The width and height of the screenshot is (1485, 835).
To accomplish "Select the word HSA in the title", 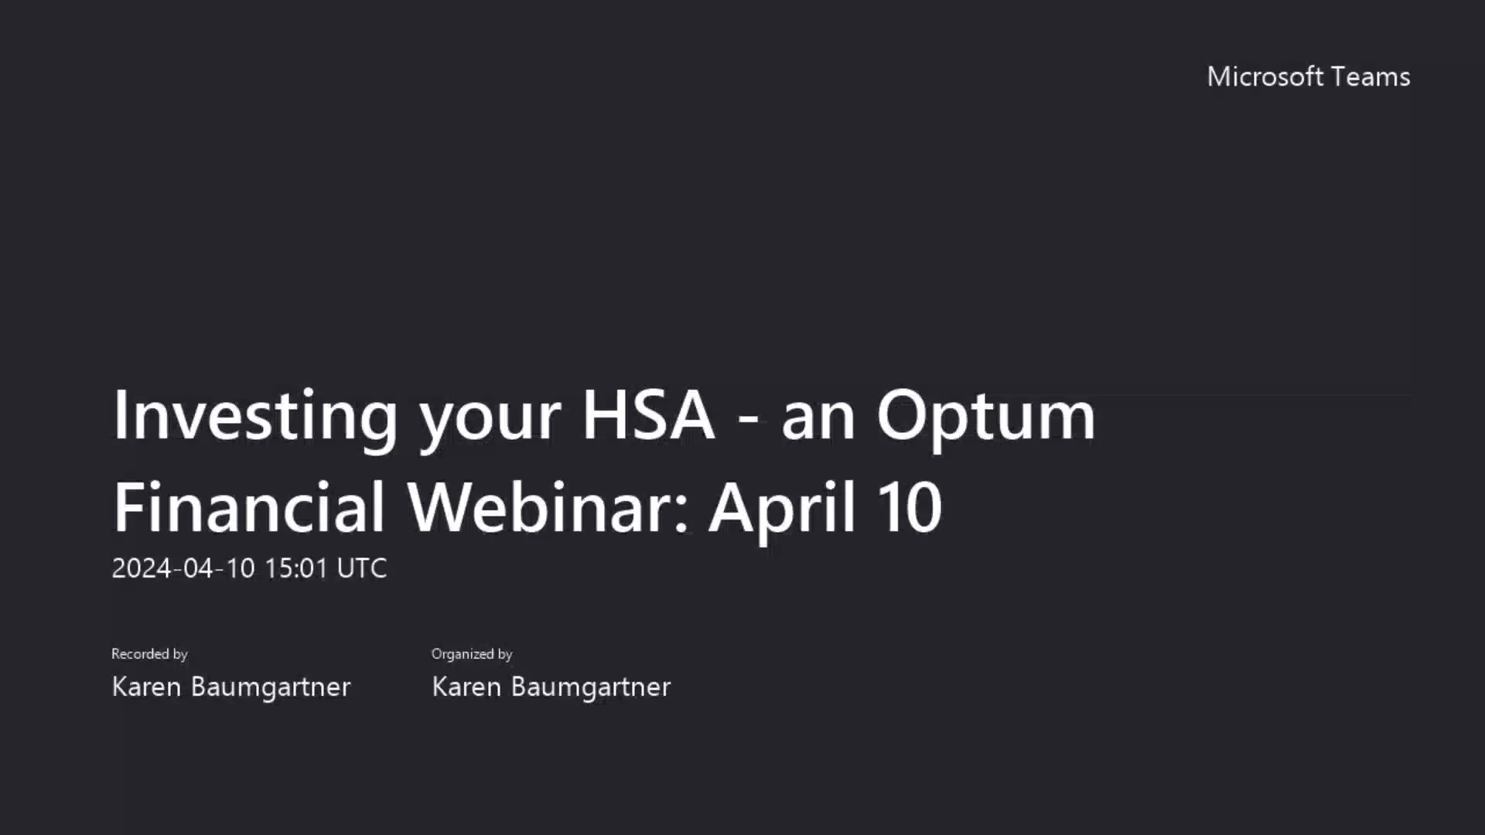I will [648, 416].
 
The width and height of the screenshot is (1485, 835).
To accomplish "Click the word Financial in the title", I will [249, 507].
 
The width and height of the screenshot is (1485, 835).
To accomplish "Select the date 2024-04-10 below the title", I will [183, 568].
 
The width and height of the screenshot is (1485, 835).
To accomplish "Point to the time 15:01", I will [297, 568].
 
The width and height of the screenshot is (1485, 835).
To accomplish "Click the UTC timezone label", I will [362, 568].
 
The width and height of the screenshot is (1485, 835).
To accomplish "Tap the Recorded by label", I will [150, 654].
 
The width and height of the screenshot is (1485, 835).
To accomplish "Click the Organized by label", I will [472, 654].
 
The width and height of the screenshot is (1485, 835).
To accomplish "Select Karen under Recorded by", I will [147, 687].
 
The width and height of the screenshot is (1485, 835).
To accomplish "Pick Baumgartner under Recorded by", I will [271, 687].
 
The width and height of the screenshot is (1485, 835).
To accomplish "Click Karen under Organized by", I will [466, 687].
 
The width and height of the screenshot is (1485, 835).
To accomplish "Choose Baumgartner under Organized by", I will [591, 687].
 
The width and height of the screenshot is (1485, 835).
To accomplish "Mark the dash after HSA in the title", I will [748, 419].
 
